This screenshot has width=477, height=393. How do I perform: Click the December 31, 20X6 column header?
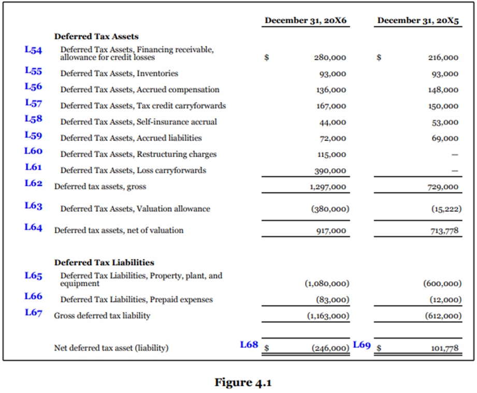(306, 21)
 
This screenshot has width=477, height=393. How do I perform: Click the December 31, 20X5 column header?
(418, 21)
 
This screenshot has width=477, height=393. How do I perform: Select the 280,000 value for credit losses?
(330, 58)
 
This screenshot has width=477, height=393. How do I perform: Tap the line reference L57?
(34, 103)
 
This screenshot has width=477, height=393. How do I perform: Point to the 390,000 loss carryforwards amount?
(331, 171)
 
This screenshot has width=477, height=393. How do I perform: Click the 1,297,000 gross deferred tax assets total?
(327, 187)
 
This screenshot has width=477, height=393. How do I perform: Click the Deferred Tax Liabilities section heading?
(104, 263)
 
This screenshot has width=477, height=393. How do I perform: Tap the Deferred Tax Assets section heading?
(96, 37)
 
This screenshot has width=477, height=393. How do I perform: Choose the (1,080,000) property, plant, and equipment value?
(326, 284)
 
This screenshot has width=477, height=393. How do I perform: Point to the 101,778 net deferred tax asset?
(444, 348)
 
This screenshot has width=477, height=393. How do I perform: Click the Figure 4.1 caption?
(243, 383)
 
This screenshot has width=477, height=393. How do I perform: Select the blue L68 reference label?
(249, 344)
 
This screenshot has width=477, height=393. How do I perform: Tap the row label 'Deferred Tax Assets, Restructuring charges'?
(138, 154)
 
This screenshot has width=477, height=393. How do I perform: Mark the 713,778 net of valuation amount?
(444, 231)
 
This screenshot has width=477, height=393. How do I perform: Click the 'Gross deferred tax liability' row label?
(102, 316)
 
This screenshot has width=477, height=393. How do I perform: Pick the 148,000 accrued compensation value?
(444, 90)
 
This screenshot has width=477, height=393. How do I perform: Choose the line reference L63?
(34, 206)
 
